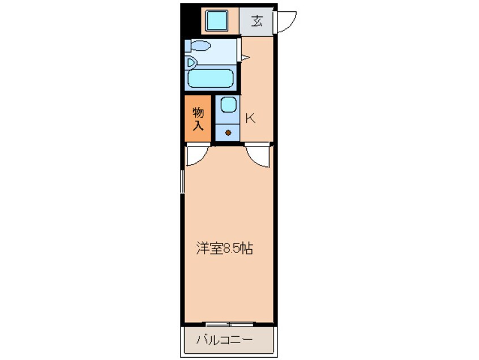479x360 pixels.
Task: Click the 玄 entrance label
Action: coord(257,22)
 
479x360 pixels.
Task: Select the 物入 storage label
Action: coord(198,118)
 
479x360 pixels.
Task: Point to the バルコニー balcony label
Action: coord(225,341)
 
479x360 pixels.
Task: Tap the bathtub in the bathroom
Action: coord(211,79)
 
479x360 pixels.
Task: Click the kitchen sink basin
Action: coord(228,105)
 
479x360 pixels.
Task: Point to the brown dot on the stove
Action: coord(228,134)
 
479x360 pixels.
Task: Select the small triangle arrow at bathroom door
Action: coord(245,57)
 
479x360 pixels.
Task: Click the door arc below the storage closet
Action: coord(198,155)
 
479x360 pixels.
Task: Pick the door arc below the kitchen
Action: coord(259,156)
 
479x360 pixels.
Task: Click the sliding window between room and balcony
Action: coord(229,324)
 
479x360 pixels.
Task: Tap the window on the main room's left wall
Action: coord(182,181)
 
